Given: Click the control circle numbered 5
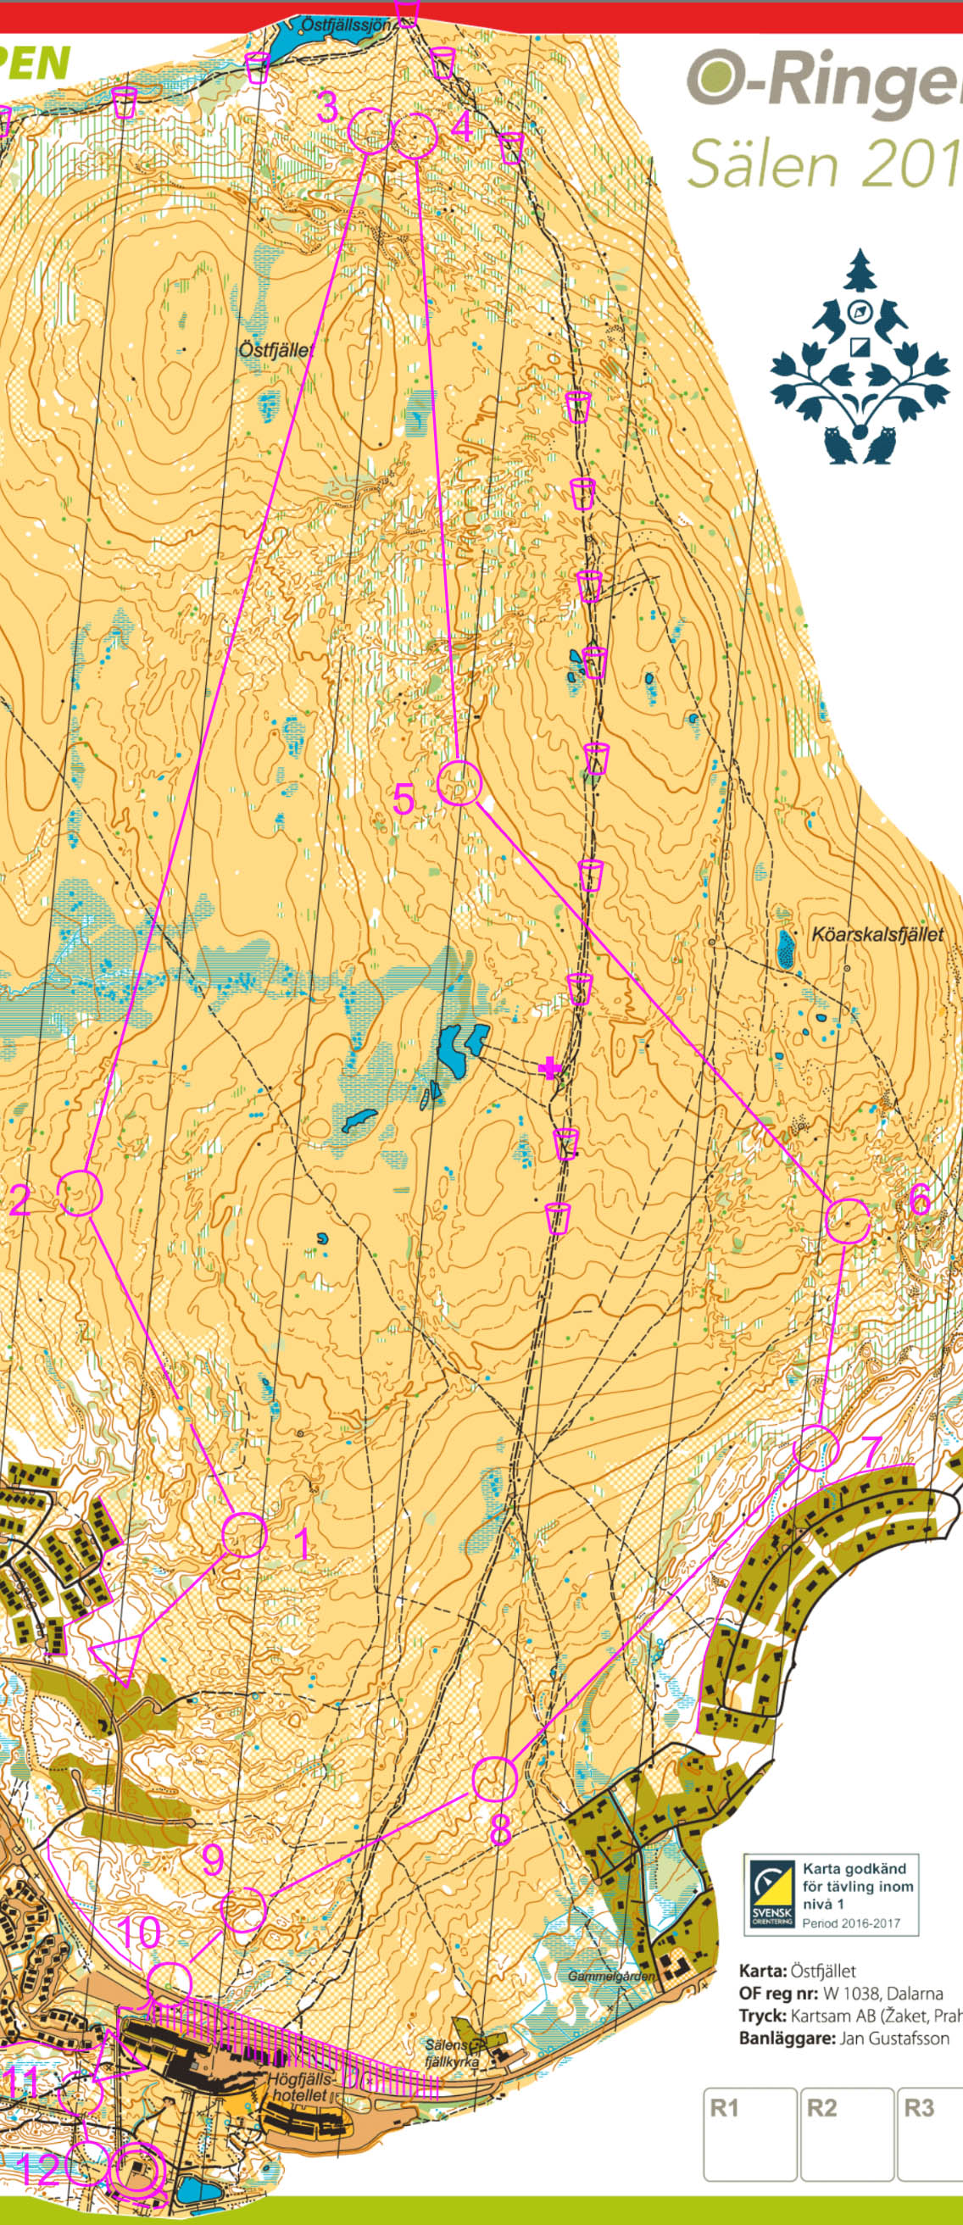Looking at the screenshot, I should (x=458, y=783).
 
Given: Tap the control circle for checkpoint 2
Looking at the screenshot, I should (x=81, y=1193).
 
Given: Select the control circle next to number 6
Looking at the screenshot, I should (x=847, y=1221).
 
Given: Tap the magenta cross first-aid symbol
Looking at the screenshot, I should (x=549, y=1070).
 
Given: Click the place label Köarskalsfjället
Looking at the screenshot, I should (x=877, y=934).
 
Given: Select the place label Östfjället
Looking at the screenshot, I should (x=276, y=350).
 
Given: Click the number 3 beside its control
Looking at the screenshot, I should (x=326, y=107).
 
